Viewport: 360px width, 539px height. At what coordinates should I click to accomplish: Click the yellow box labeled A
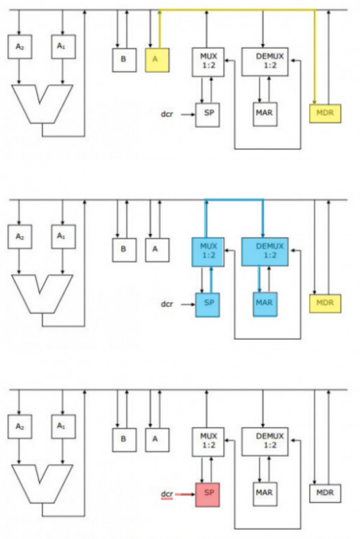(x=157, y=60)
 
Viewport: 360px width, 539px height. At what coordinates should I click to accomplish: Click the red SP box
(x=208, y=494)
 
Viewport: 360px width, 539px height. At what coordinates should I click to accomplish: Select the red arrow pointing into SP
(x=186, y=495)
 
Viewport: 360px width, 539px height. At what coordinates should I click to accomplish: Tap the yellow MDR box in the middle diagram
(x=325, y=303)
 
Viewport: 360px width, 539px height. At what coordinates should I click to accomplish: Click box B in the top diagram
(x=124, y=60)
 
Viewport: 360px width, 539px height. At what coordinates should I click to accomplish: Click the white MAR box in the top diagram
(x=265, y=114)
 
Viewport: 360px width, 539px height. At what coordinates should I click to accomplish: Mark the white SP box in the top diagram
(x=208, y=114)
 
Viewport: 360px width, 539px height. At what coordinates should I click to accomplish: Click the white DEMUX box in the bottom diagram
(x=265, y=441)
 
